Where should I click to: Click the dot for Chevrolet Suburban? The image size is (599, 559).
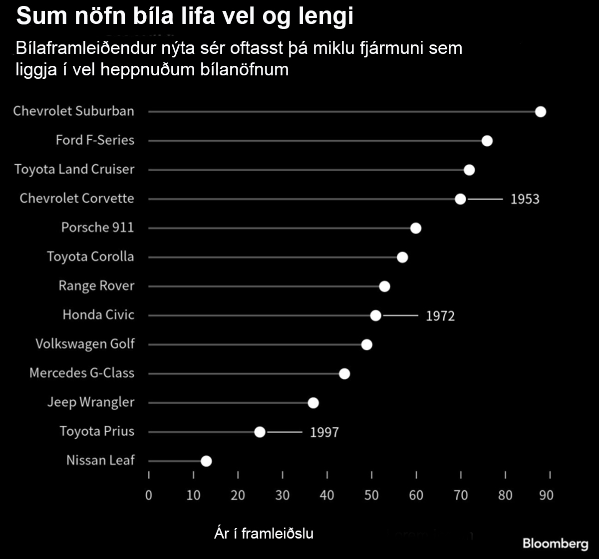pyautogui.click(x=541, y=111)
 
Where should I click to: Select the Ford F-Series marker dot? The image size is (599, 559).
pyautogui.click(x=487, y=141)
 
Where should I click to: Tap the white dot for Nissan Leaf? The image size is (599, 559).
pyautogui.click(x=206, y=461)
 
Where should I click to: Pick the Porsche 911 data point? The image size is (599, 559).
pyautogui.click(x=416, y=228)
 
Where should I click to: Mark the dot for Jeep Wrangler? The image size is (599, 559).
pyautogui.click(x=313, y=403)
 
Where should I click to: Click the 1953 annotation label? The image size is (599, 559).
pyautogui.click(x=525, y=199)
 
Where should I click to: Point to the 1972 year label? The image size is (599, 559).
pyautogui.click(x=440, y=316)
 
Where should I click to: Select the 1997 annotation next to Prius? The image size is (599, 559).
pyautogui.click(x=324, y=432)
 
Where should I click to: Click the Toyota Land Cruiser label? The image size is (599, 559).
pyautogui.click(x=74, y=169)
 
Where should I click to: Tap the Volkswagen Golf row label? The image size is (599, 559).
pyautogui.click(x=85, y=344)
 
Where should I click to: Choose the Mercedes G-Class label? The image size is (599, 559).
pyautogui.click(x=82, y=373)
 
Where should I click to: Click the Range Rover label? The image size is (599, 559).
pyautogui.click(x=96, y=286)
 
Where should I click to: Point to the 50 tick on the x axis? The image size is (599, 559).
pyautogui.click(x=371, y=495)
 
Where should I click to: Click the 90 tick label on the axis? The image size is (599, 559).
pyautogui.click(x=547, y=495)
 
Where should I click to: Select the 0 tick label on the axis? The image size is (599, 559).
pyautogui.click(x=148, y=495)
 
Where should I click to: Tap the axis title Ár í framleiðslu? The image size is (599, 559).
pyautogui.click(x=263, y=534)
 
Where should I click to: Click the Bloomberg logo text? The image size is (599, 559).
pyautogui.click(x=555, y=543)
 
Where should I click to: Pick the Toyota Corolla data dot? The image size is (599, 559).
pyautogui.click(x=402, y=257)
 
